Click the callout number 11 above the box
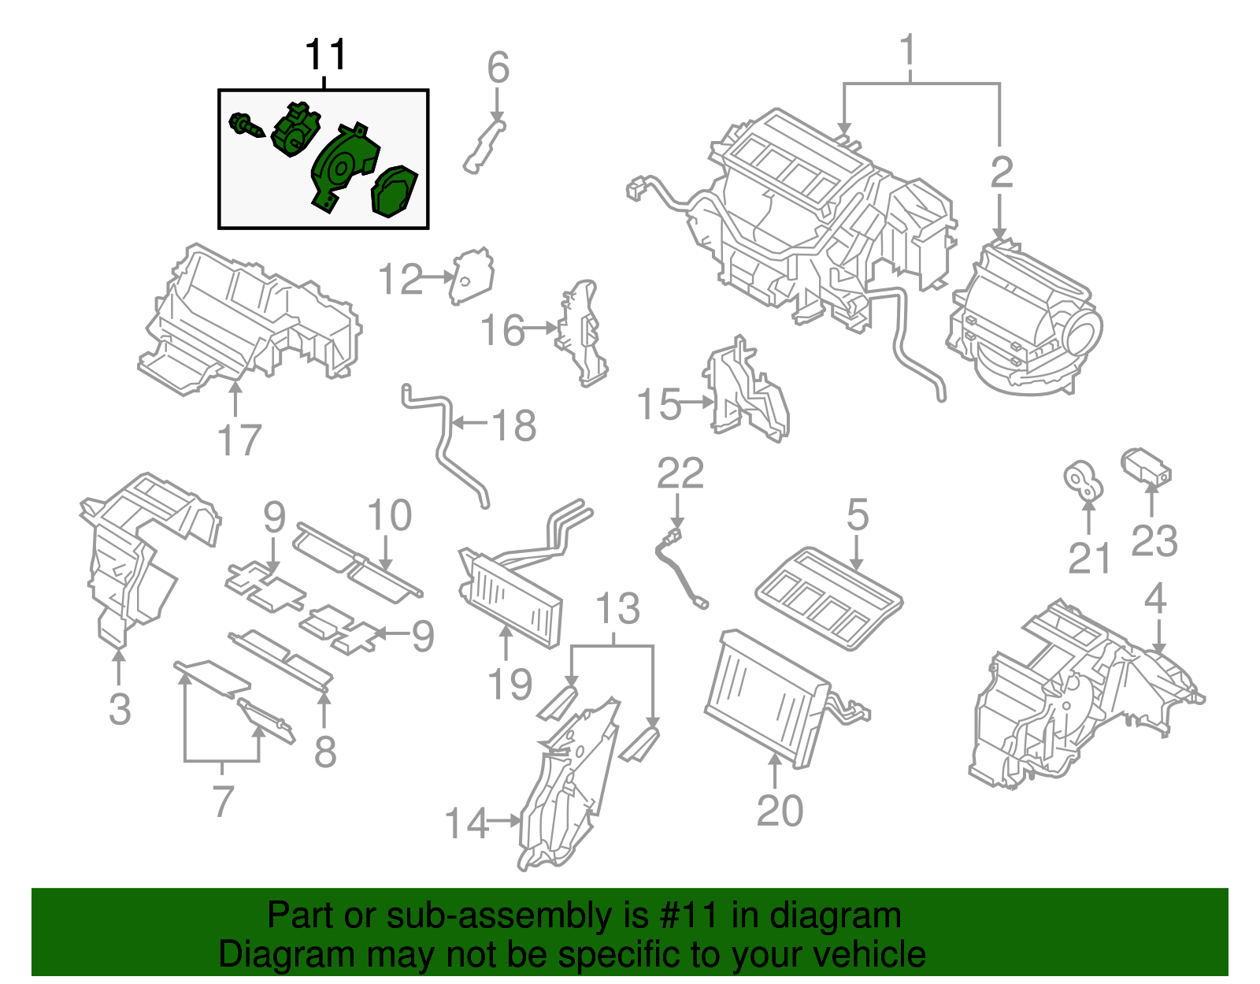[326, 55]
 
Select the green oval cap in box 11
[393, 191]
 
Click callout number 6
[498, 68]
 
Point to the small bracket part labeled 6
[484, 146]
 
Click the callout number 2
[1001, 173]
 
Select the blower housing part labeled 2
[1024, 319]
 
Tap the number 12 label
[401, 279]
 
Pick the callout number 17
[239, 440]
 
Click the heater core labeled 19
[512, 599]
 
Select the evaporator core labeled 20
[768, 697]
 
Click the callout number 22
[680, 473]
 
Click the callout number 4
[1154, 599]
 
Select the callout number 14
[466, 823]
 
